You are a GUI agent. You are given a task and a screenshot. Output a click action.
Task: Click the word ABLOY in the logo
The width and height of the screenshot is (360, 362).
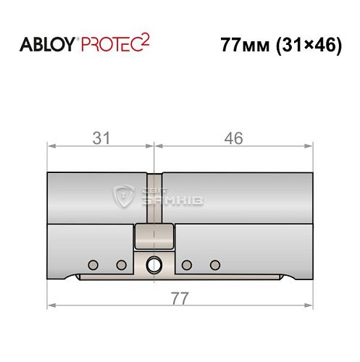(47, 45)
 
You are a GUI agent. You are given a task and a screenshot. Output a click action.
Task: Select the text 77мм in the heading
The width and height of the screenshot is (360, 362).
(245, 45)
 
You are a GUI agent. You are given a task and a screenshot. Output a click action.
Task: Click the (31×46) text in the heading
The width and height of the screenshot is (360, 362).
(309, 46)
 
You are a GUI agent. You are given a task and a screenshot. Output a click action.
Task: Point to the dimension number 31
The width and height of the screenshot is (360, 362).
(101, 138)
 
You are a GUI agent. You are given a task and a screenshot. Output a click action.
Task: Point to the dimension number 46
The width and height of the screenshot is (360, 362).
(233, 138)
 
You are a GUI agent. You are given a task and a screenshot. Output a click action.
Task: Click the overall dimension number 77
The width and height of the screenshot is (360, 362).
(180, 298)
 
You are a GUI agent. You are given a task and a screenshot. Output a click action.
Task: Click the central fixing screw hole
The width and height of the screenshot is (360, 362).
(154, 265)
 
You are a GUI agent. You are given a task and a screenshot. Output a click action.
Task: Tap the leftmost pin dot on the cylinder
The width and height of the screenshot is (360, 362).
(93, 265)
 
